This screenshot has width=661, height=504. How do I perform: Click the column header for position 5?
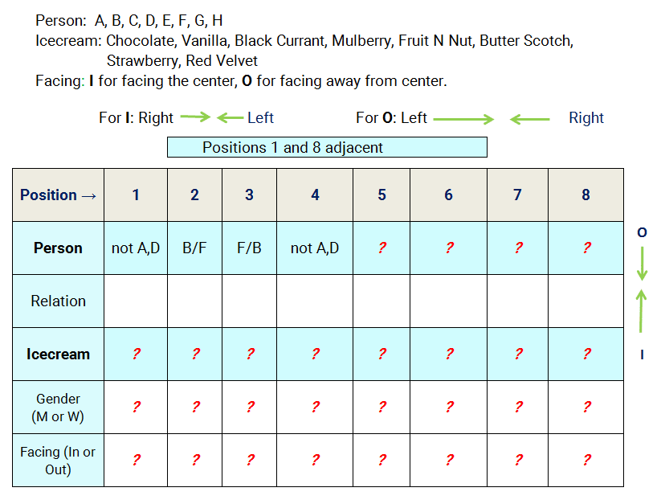[x=382, y=195]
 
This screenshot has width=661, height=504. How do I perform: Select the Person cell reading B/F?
[x=194, y=248]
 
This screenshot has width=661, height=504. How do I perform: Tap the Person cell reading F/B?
[x=249, y=248]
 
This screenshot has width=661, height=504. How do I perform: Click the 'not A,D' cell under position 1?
[x=136, y=248]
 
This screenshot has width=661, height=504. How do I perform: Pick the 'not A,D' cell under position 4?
[x=315, y=248]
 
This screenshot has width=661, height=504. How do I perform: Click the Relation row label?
[x=58, y=301]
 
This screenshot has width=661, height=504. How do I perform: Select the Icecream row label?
[x=58, y=354]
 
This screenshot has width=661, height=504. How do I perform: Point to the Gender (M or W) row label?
[x=58, y=408]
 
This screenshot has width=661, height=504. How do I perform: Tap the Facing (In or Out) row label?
[x=58, y=461]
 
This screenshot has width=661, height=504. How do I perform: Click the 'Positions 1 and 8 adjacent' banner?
[x=327, y=147]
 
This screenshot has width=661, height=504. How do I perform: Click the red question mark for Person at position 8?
[x=586, y=248]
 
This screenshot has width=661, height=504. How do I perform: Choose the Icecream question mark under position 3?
[x=250, y=354]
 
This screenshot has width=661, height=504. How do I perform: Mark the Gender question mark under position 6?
[x=450, y=407]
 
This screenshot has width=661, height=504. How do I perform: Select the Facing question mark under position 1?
[x=137, y=460]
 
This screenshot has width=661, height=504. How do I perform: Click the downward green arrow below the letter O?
[x=642, y=264]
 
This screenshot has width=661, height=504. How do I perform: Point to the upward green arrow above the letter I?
[x=641, y=311]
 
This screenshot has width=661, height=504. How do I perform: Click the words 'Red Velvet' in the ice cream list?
[x=222, y=61]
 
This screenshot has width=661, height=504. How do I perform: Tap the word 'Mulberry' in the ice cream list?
[x=363, y=41]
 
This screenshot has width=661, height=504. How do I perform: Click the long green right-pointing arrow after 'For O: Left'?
[x=463, y=119]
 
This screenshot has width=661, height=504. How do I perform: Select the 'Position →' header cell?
[x=58, y=195]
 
